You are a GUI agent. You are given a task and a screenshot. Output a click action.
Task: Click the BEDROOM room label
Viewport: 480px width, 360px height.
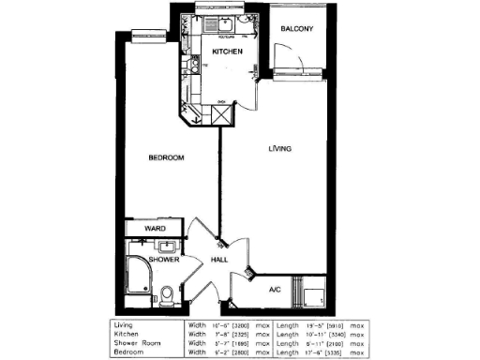166,157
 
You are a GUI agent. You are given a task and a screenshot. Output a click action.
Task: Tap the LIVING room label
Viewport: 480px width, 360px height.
278,149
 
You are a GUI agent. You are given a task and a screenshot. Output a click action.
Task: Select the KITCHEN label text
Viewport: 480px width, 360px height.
228,51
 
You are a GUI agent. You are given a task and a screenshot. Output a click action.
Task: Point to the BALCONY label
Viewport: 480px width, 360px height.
296,29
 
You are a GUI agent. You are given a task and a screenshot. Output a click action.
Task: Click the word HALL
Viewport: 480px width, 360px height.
219,260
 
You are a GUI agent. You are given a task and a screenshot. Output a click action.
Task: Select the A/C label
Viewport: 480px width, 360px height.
275,290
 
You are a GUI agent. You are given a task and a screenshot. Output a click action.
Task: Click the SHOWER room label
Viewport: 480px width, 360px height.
163,259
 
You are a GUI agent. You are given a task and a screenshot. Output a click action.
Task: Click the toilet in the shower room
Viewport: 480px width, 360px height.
167,296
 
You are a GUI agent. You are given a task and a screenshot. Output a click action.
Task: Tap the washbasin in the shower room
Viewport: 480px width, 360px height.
166,247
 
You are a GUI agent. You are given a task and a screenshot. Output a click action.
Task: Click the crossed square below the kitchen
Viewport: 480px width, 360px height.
221,115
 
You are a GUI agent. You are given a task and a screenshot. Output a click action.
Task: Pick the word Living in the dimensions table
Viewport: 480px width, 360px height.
125,325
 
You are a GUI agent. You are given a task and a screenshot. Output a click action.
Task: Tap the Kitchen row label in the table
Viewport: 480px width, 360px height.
127,334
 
